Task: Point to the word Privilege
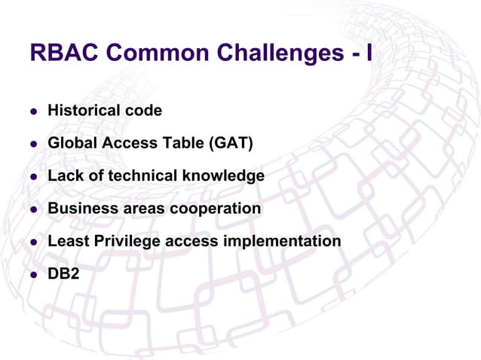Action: [121, 241]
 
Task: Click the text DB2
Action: [63, 273]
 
